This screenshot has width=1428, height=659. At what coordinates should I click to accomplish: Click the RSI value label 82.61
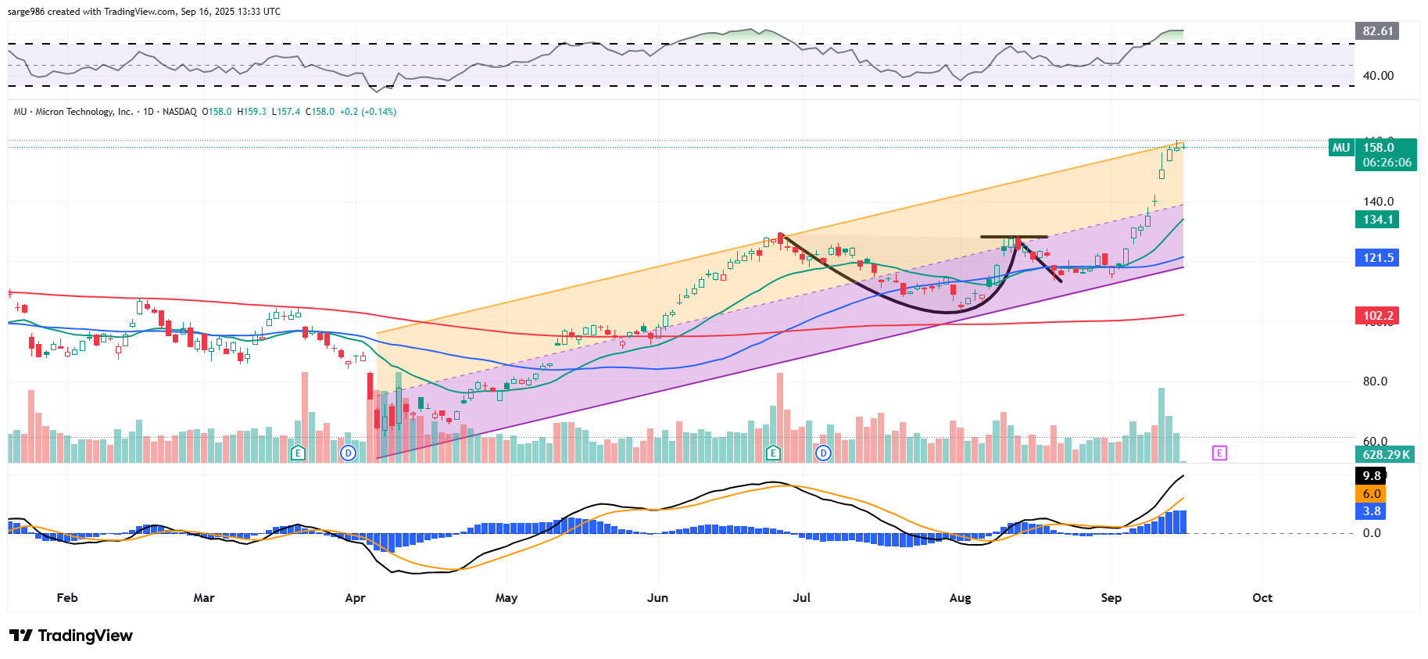tap(1377, 31)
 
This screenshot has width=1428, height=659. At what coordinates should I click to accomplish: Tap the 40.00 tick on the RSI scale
tap(1378, 76)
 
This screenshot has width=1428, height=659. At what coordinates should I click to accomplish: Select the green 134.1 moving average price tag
tap(1377, 220)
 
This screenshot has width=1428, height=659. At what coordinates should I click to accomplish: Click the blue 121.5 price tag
tap(1377, 258)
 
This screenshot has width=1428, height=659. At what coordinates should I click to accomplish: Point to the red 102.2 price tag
tap(1377, 316)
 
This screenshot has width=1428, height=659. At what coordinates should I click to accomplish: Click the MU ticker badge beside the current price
tap(1341, 148)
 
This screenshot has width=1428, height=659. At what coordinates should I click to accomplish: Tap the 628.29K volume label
tap(1385, 455)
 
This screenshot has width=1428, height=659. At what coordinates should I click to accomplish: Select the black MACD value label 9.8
tap(1371, 476)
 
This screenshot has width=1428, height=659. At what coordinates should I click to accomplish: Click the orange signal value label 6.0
tap(1371, 494)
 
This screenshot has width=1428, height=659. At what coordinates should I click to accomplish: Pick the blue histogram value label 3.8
tap(1371, 511)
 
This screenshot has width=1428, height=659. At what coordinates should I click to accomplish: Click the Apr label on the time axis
tap(355, 598)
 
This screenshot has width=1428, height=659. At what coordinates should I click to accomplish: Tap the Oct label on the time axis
tap(1262, 598)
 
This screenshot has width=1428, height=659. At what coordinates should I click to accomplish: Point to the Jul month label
tap(801, 598)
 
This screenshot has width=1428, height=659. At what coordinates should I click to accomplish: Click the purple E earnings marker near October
tap(1219, 453)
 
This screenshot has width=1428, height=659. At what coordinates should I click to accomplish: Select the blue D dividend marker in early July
tap(823, 453)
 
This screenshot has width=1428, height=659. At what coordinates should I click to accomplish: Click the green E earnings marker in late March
tap(298, 453)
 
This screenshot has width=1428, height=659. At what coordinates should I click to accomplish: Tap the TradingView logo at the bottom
tap(71, 636)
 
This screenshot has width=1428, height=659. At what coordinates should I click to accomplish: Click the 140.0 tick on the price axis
tap(1378, 202)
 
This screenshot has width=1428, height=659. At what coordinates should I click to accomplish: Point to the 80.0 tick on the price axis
tap(1375, 381)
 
